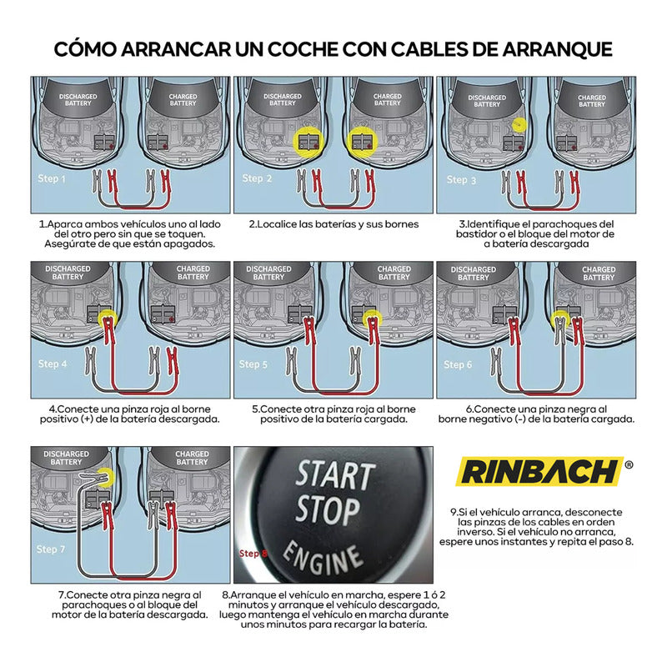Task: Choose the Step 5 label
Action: click(x=254, y=364)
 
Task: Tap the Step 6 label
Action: click(x=459, y=364)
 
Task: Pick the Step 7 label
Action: click(x=51, y=549)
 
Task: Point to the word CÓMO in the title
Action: click(x=86, y=48)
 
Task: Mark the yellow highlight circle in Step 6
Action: click(x=559, y=320)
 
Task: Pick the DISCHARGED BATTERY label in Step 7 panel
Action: click(x=66, y=458)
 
